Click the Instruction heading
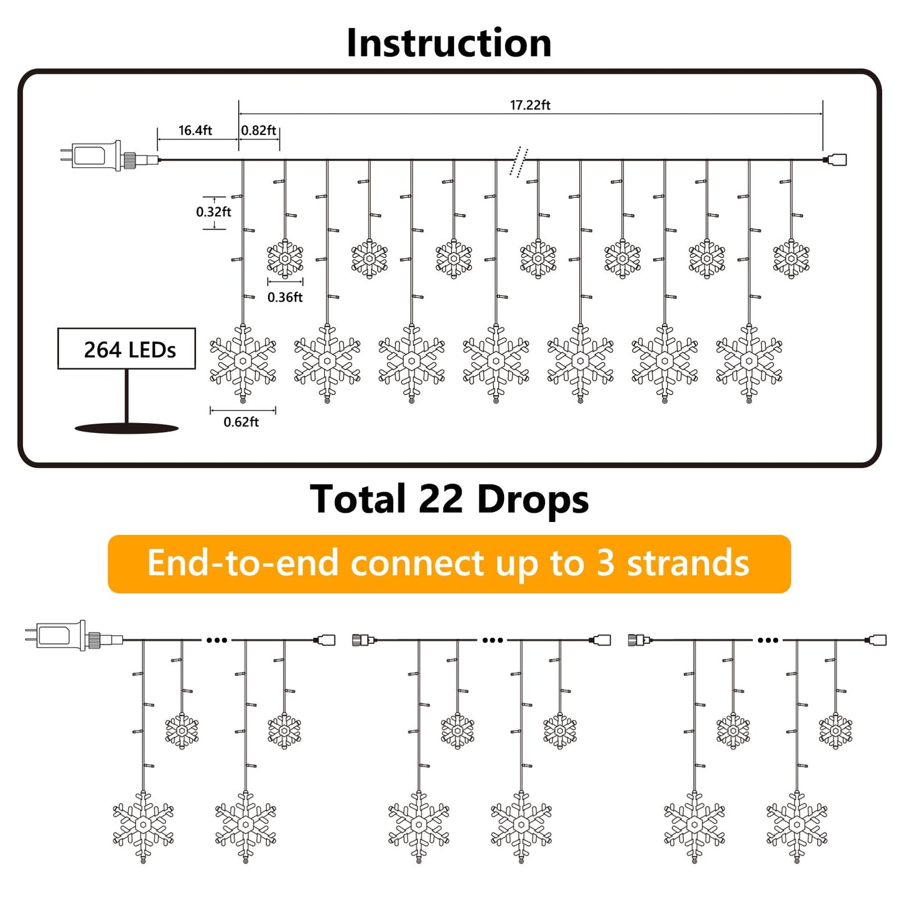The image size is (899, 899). [449, 43]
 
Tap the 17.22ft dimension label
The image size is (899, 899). [530, 105]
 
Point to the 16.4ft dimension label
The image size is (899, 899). [195, 131]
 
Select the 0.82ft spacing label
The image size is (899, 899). [259, 131]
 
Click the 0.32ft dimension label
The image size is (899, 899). [213, 212]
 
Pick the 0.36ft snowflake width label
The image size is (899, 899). [285, 297]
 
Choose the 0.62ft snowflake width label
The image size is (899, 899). [241, 422]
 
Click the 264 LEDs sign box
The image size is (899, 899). [127, 349]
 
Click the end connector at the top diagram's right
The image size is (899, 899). [837, 160]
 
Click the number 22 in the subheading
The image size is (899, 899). [440, 500]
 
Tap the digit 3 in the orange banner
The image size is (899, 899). [605, 564]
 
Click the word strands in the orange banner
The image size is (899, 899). [687, 564]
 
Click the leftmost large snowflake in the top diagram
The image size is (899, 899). [243, 361]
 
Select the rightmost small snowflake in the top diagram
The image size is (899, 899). [791, 258]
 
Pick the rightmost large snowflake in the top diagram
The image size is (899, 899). [749, 361]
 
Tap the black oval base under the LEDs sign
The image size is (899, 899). [127, 428]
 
